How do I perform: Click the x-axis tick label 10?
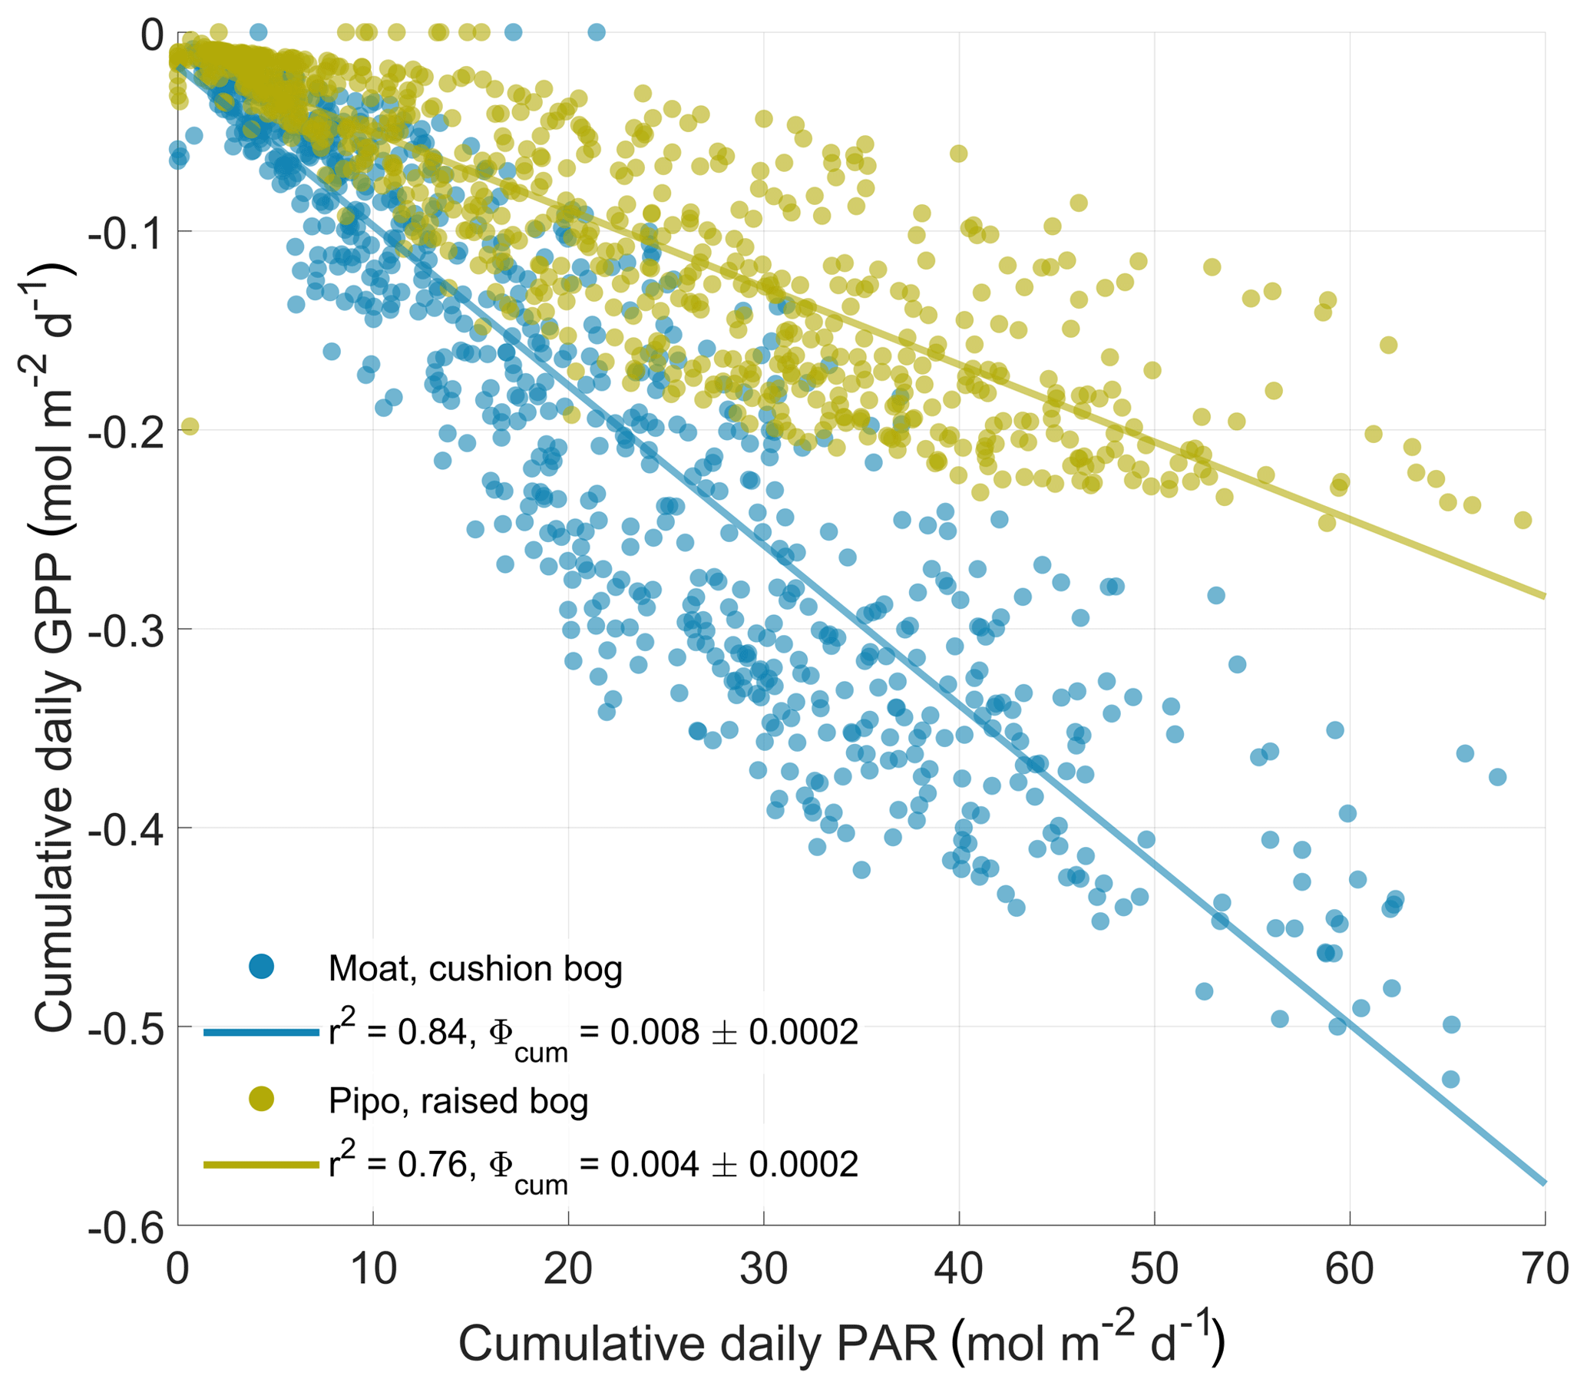372,1268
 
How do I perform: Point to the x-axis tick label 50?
1154,1268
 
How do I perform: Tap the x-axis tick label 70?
1544,1268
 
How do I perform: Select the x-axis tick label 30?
763,1268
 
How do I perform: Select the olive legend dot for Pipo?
261,1098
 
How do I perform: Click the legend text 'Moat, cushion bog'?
475,968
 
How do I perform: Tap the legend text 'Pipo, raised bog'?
458,1100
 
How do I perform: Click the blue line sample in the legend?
261,1033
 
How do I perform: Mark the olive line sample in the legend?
261,1164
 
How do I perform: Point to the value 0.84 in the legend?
432,1033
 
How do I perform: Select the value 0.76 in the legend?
432,1164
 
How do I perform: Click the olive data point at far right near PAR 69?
1523,520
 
